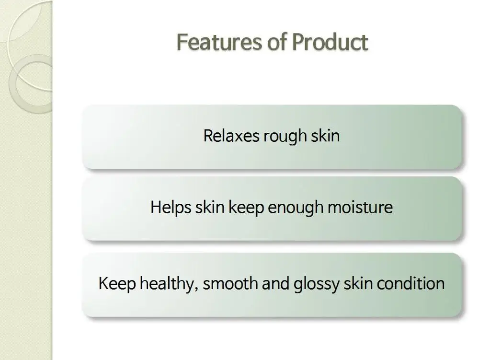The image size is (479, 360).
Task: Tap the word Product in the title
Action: click(x=330, y=42)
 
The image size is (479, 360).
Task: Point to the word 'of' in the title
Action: click(x=274, y=42)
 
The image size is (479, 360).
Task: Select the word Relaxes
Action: click(x=231, y=136)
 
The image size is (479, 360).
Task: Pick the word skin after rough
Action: click(x=326, y=136)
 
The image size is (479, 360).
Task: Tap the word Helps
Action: click(x=171, y=208)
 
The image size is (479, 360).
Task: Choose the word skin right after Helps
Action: click(x=209, y=208)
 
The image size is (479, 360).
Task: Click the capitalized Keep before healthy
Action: click(x=116, y=284)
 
